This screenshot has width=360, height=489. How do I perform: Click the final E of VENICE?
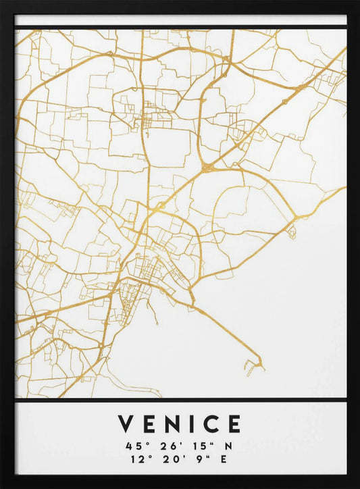pos(234,424)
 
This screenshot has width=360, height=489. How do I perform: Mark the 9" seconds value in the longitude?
pos(200,459)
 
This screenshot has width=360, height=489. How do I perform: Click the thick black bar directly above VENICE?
pos(180,400)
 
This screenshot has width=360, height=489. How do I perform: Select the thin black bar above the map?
pos(180,27)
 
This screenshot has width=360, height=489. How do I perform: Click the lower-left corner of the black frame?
pos(5,484)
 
